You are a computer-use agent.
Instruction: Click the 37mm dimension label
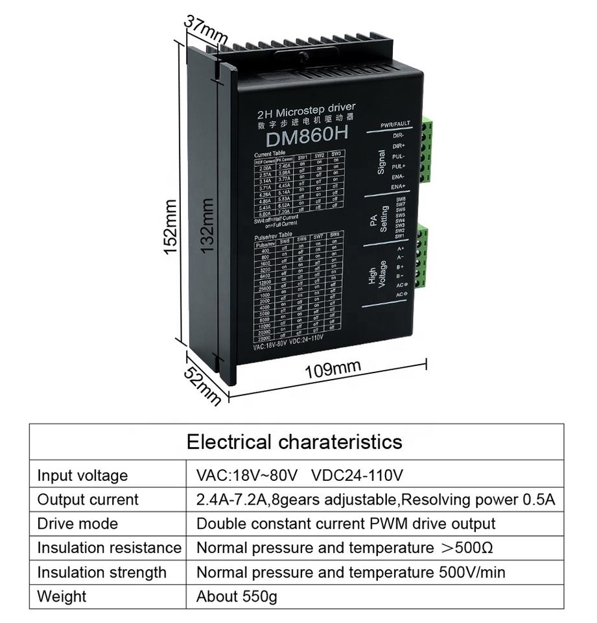coord(205,30)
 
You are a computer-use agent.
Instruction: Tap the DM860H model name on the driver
coord(307,136)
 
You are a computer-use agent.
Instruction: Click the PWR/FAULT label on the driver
coord(395,124)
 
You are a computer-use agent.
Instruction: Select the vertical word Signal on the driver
coord(380,162)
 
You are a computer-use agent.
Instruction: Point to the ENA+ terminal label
coord(398,186)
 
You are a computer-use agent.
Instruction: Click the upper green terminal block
coord(425,151)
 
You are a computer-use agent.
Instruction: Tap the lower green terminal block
coord(422,256)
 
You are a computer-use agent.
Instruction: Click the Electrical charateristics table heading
coord(294,442)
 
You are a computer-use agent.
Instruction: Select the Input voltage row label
coord(82,475)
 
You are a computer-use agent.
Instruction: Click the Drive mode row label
coord(78,524)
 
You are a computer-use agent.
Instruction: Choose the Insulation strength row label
coord(102,572)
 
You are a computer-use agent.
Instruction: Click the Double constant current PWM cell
coord(345,524)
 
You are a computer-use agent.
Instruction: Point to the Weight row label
coord(62,596)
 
